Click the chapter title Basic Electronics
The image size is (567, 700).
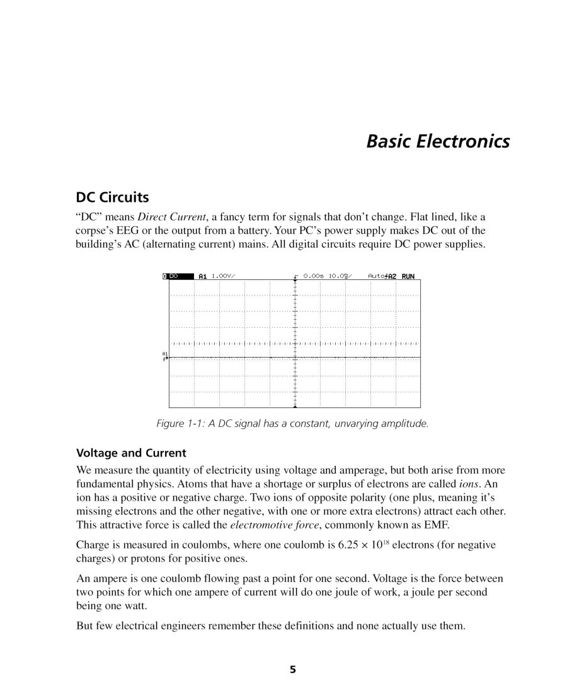(x=438, y=141)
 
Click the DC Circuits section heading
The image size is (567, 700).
(x=112, y=197)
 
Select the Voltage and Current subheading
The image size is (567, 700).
(x=131, y=453)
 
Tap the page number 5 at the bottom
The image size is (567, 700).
(x=292, y=670)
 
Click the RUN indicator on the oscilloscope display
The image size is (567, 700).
(x=408, y=276)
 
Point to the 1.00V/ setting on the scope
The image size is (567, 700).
(x=223, y=276)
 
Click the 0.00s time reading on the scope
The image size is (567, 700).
(x=313, y=276)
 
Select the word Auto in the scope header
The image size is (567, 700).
(x=375, y=276)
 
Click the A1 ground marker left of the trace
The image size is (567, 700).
(x=165, y=356)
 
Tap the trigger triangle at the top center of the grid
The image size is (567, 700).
(x=295, y=281)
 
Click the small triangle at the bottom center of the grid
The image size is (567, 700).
(x=295, y=406)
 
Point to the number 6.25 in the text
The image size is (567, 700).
(x=349, y=545)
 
